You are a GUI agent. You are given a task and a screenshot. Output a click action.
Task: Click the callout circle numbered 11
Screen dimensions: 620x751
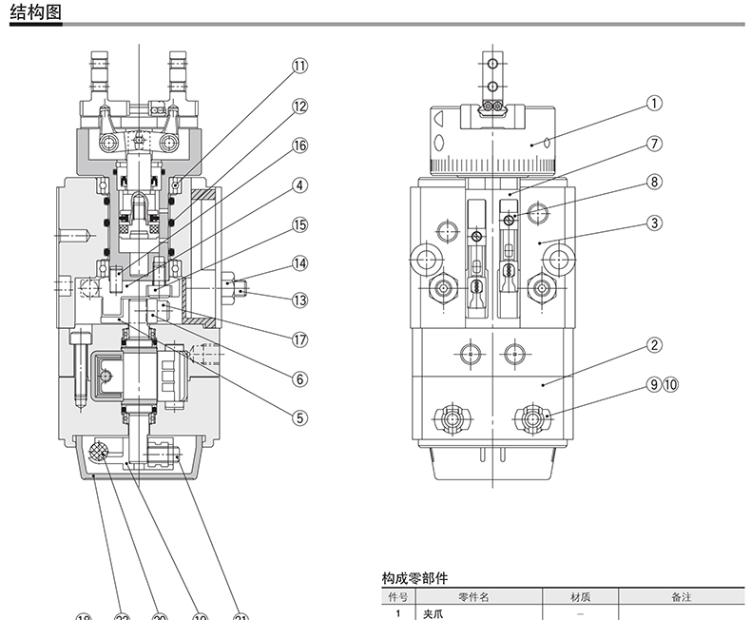pyautogui.click(x=300, y=66)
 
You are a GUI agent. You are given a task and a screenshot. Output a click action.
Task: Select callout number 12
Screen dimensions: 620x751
pyautogui.click(x=300, y=107)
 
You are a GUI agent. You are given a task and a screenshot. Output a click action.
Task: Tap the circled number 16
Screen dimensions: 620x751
pyautogui.click(x=300, y=145)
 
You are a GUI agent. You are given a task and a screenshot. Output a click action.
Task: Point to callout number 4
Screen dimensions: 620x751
pyautogui.click(x=300, y=185)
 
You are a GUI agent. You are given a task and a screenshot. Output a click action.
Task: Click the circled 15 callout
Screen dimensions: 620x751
pyautogui.click(x=300, y=225)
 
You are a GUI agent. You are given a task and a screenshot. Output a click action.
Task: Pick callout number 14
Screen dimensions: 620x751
pyautogui.click(x=300, y=263)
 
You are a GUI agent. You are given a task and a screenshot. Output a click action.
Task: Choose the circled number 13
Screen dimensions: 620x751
pyautogui.click(x=300, y=300)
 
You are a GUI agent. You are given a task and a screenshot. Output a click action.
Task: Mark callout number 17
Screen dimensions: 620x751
pyautogui.click(x=300, y=339)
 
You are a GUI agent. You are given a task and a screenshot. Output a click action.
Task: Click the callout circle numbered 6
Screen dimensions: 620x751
pyautogui.click(x=300, y=378)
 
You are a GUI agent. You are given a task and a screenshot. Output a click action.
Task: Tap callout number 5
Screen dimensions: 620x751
pyautogui.click(x=300, y=417)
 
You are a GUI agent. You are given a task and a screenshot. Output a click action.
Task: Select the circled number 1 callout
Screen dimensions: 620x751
pyautogui.click(x=655, y=103)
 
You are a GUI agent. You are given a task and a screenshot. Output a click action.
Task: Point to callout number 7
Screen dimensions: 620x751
pyautogui.click(x=655, y=145)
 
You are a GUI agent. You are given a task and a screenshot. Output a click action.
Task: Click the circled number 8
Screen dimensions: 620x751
pyautogui.click(x=655, y=181)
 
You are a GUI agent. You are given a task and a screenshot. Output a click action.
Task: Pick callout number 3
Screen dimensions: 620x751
pyautogui.click(x=655, y=223)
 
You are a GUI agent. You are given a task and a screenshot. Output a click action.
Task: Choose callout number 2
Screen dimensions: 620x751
pyautogui.click(x=655, y=344)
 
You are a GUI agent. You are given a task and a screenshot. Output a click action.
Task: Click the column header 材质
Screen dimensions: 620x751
pyautogui.click(x=580, y=597)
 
